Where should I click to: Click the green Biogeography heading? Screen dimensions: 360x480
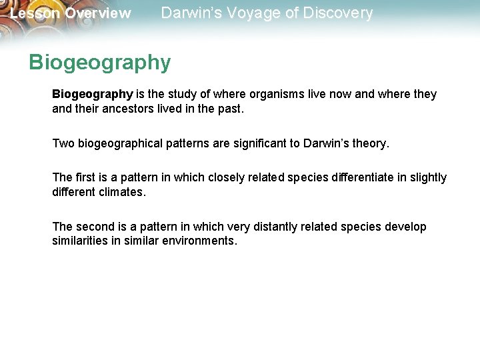click(x=100, y=63)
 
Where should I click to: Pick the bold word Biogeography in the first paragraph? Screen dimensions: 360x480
click(x=93, y=94)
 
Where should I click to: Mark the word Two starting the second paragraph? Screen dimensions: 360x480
click(x=63, y=143)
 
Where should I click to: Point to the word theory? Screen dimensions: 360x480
click(x=369, y=143)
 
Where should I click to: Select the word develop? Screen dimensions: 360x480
click(x=405, y=227)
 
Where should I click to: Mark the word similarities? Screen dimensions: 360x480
click(x=80, y=241)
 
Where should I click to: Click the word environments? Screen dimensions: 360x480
click(x=199, y=241)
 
